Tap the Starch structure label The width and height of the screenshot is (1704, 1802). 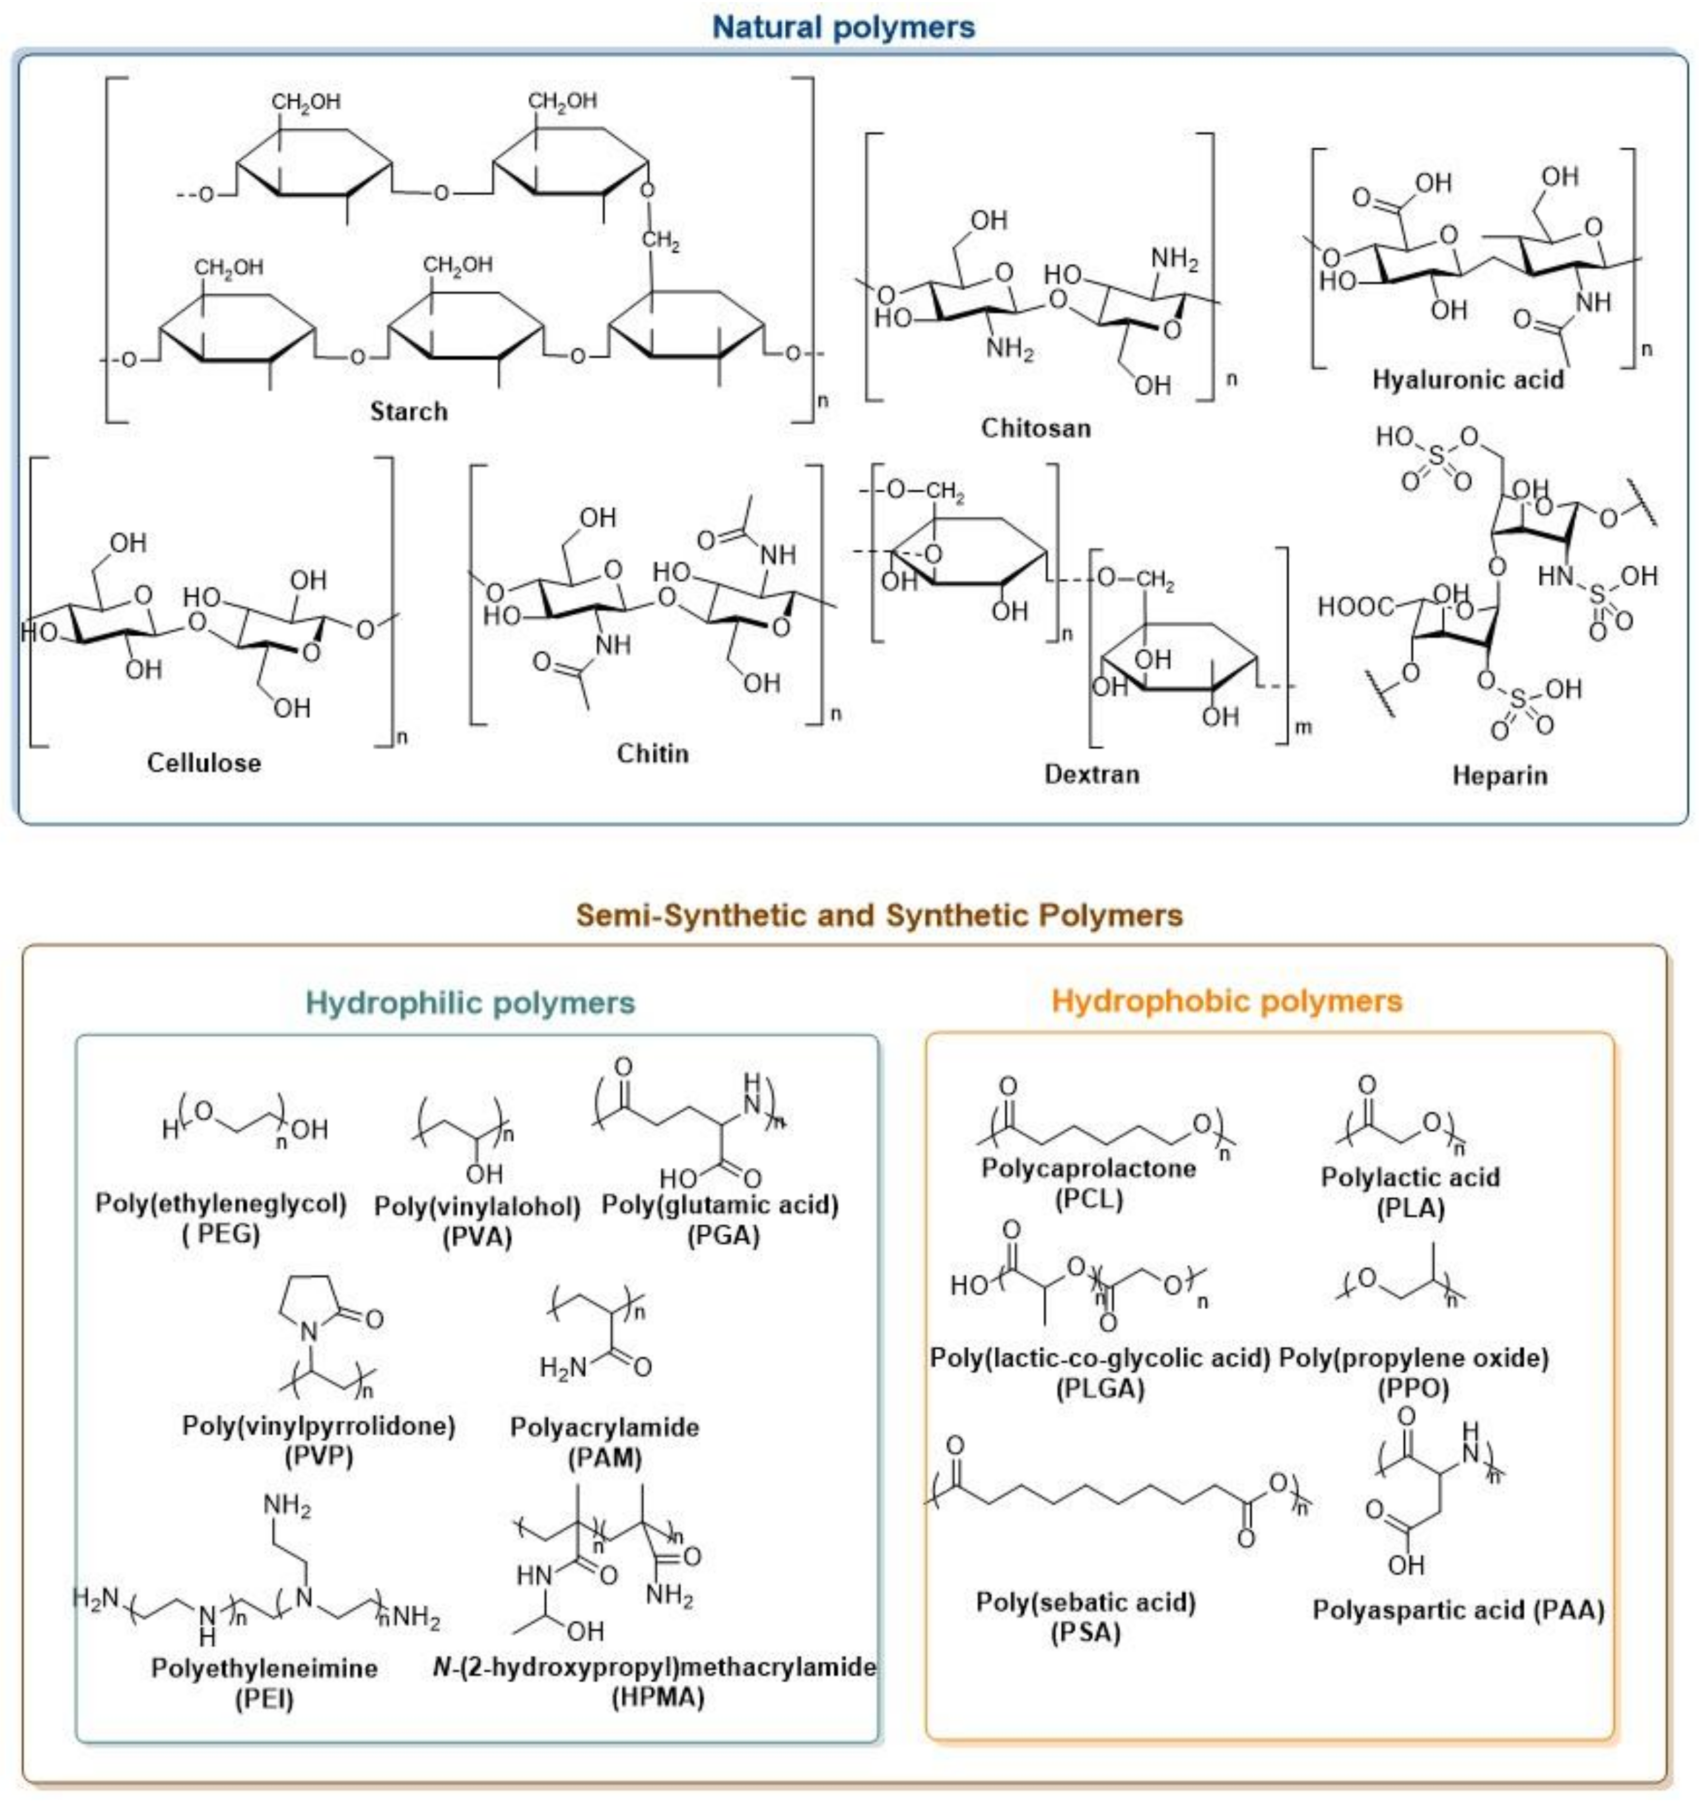coord(409,412)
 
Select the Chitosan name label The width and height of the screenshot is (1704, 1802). coord(1035,428)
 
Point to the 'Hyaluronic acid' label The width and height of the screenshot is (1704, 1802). coord(1468,379)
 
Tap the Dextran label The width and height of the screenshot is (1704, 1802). coord(1091,774)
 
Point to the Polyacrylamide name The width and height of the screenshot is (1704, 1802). coord(604,1427)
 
